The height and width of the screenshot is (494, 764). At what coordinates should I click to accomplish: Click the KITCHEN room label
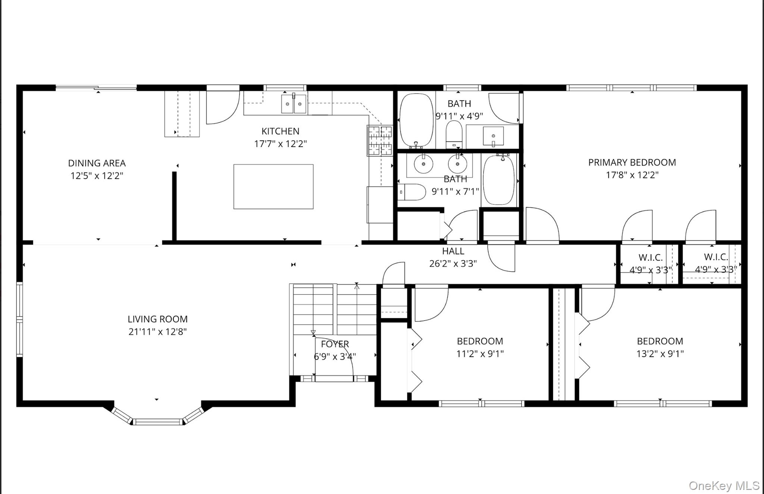[280, 131]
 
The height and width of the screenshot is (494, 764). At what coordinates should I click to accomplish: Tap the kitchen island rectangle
[273, 187]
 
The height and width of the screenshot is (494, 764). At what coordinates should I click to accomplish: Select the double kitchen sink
[294, 104]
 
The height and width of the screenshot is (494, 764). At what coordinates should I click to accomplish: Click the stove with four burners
[380, 140]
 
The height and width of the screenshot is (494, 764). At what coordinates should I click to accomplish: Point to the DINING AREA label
[97, 163]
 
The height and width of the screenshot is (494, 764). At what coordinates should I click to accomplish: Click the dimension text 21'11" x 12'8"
[157, 331]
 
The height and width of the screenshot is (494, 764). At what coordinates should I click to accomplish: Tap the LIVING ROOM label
[157, 319]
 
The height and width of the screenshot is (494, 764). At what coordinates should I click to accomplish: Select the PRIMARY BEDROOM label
[632, 162]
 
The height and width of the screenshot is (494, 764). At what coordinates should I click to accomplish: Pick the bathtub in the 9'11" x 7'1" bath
[499, 180]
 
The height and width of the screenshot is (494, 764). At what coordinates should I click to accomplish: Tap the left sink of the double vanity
[423, 163]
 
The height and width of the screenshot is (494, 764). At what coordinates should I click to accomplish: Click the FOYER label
[335, 344]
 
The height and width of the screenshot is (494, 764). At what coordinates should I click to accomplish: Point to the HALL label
[453, 251]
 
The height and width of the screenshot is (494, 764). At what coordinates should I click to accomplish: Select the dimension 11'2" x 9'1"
[480, 353]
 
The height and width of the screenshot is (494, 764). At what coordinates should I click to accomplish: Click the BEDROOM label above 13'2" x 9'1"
[660, 341]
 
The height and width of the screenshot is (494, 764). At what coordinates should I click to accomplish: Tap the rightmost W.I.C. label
[716, 257]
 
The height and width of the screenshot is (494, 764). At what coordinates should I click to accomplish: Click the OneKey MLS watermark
[724, 485]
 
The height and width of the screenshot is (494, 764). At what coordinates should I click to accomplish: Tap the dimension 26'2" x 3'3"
[453, 263]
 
